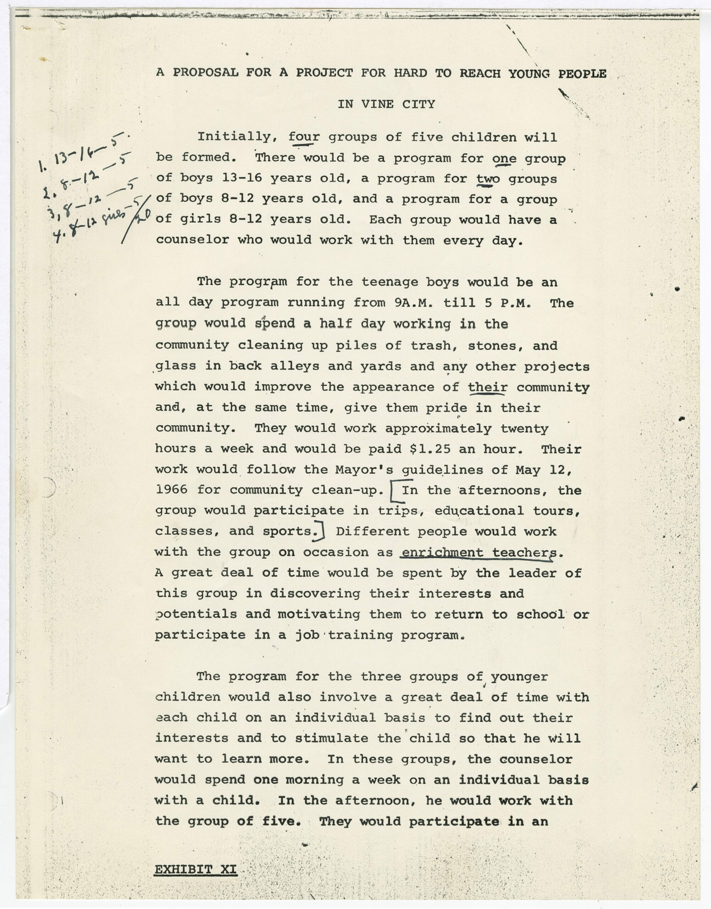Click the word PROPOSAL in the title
click(206, 73)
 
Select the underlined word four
click(304, 137)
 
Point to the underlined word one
click(504, 158)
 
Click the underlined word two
click(488, 179)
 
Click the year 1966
click(172, 490)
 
